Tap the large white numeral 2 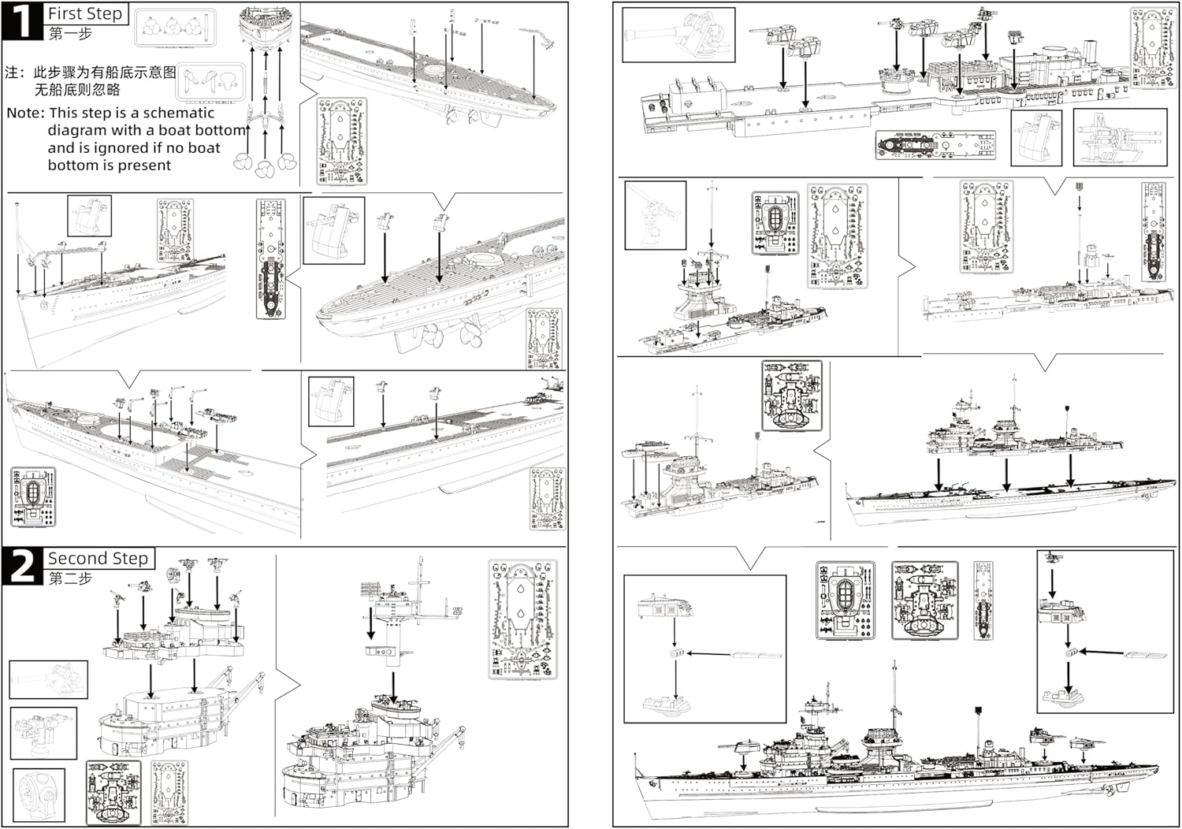tap(22, 567)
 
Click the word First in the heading tap(65, 13)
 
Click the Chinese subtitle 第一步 tap(70, 33)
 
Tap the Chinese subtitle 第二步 tap(70, 578)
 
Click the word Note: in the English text tap(26, 113)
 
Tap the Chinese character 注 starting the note tap(12, 72)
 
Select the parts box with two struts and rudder tap(211, 82)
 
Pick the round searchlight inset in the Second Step tap(39, 794)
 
